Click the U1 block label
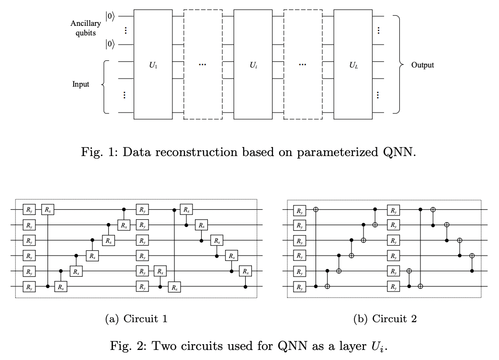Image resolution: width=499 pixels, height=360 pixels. click(153, 65)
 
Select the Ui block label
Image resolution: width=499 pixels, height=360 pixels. click(253, 65)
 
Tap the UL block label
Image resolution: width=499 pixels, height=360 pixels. click(353, 65)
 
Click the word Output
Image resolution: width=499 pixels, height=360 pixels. click(422, 65)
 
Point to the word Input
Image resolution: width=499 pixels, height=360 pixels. click(80, 84)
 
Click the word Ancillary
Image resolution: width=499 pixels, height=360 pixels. click(86, 23)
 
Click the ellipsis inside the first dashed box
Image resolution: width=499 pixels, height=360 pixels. click(203, 65)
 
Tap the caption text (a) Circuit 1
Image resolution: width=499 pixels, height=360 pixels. click(136, 318)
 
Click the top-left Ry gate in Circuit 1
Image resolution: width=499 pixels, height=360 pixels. click(30, 209)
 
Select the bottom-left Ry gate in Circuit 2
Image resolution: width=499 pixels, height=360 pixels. click(299, 287)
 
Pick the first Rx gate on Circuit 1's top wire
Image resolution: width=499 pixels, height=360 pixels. click(48, 209)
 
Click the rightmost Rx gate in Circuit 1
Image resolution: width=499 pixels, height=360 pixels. click(246, 271)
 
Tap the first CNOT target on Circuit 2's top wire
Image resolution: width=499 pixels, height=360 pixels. click(316, 209)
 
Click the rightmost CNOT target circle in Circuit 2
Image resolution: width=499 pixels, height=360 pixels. click(472, 256)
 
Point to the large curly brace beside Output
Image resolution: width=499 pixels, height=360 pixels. click(397, 65)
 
